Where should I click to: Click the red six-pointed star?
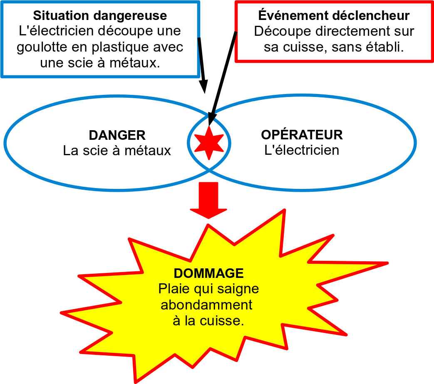click(x=209, y=143)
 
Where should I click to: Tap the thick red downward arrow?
click(x=208, y=200)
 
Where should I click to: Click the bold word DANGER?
click(x=117, y=135)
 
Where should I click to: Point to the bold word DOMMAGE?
click(x=209, y=273)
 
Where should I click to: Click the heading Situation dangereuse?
click(x=100, y=15)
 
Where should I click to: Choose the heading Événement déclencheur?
click(x=334, y=15)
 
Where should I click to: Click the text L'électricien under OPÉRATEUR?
click(x=302, y=150)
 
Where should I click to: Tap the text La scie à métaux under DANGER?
click(x=117, y=151)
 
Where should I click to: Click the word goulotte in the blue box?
click(x=42, y=47)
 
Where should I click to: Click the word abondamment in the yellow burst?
click(x=206, y=305)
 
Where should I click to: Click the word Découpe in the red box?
click(x=283, y=32)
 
